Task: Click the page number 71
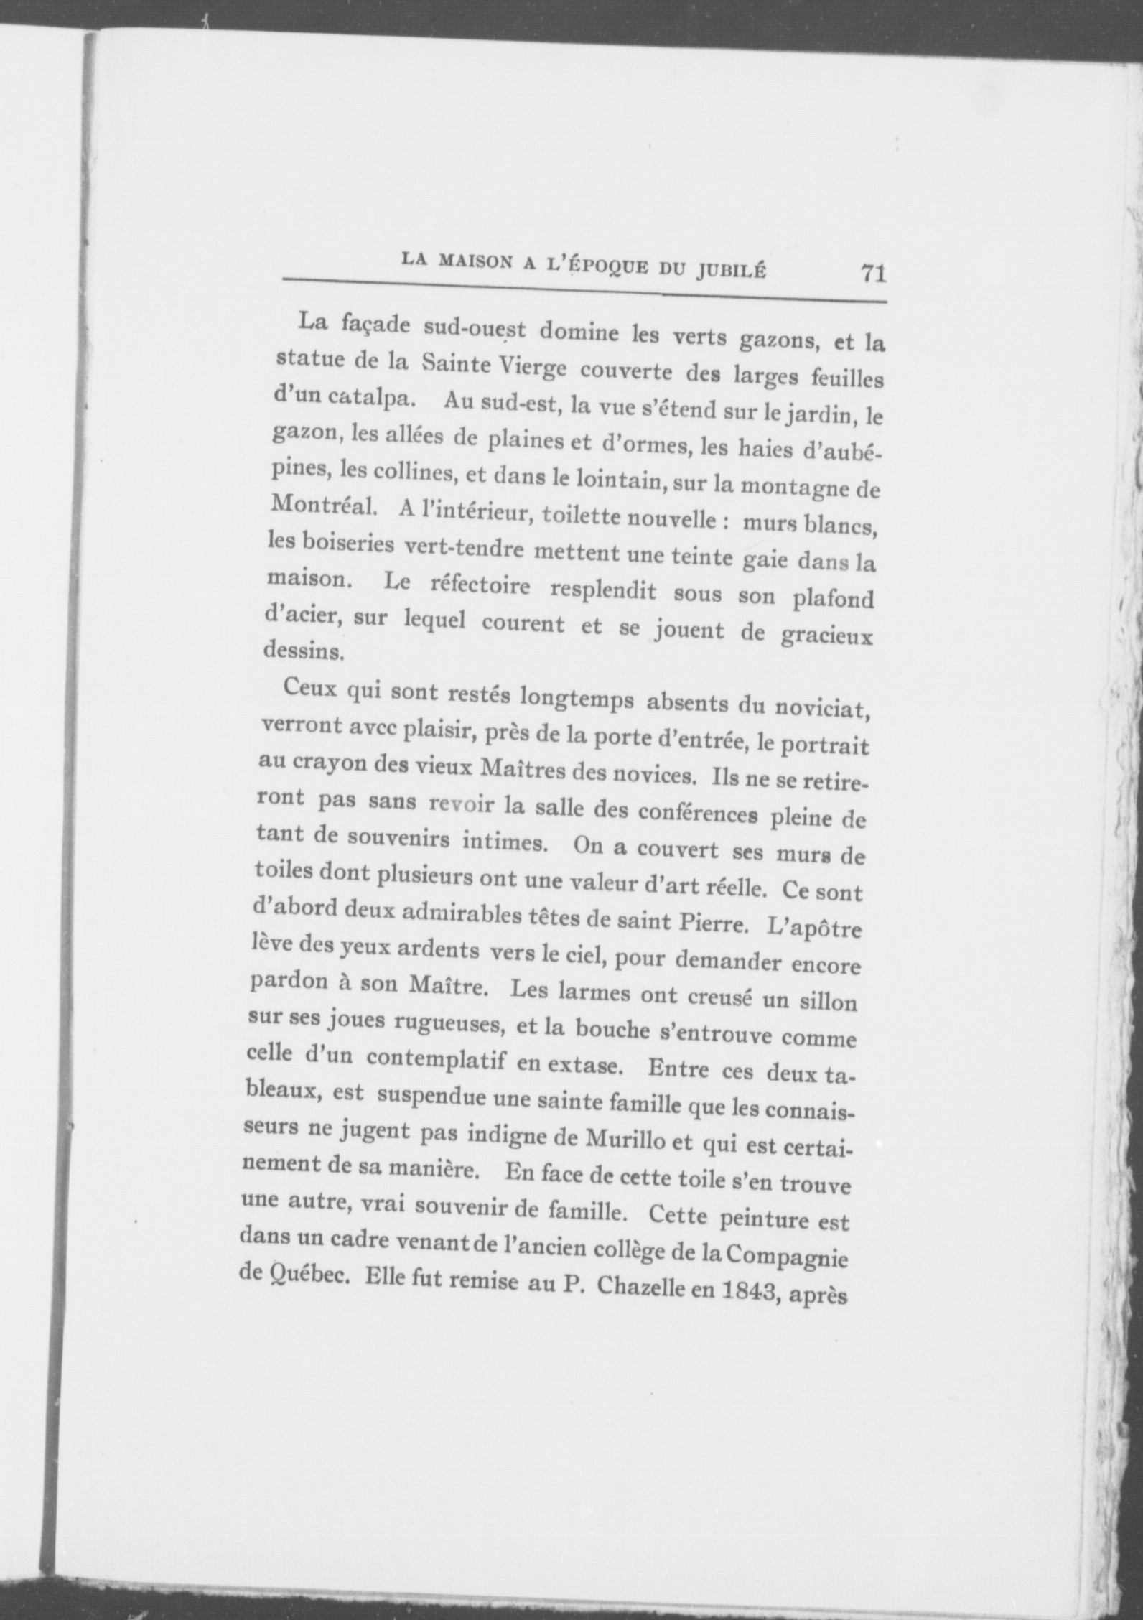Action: click(x=872, y=274)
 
